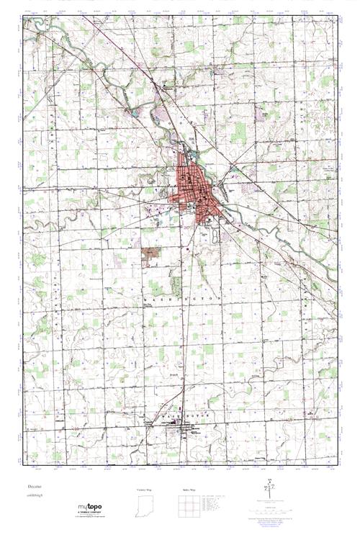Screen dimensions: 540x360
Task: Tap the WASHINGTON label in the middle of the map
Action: pyautogui.click(x=184, y=297)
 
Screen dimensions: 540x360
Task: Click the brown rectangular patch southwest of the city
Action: pyautogui.click(x=151, y=253)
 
